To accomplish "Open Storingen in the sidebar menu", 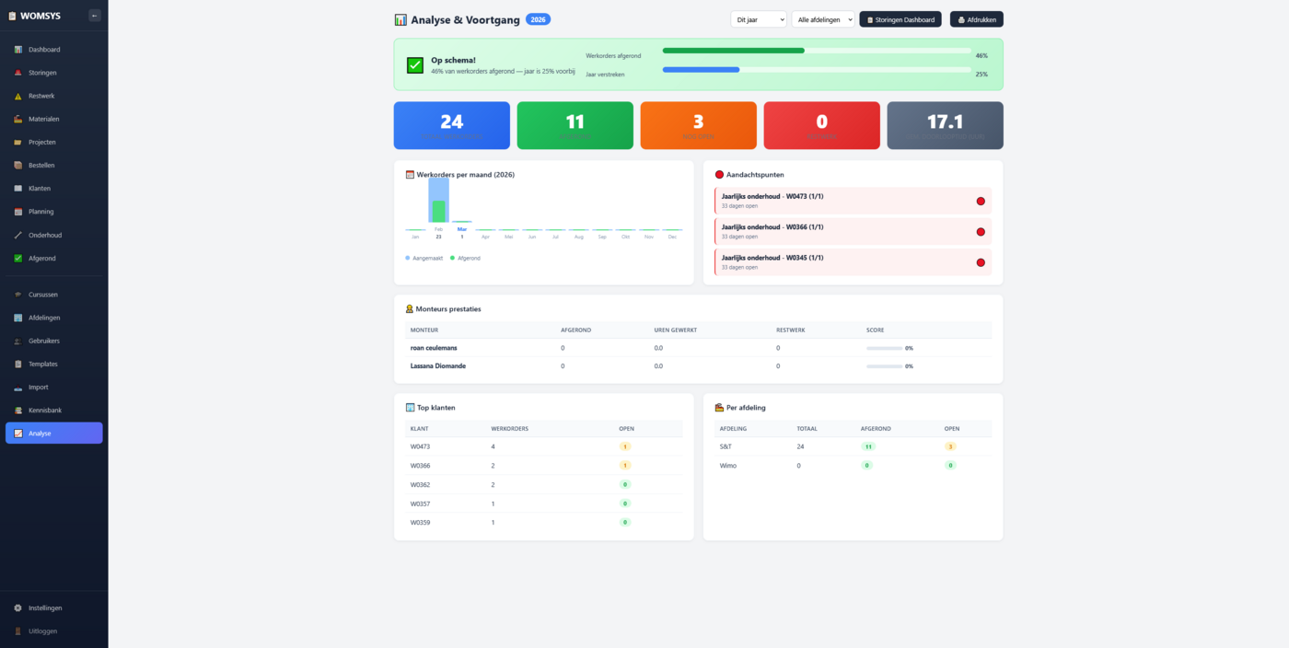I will (x=42, y=73).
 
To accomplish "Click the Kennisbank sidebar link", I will (x=45, y=411).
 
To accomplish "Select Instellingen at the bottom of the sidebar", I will (x=45, y=608).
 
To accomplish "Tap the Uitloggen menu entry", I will (x=42, y=631).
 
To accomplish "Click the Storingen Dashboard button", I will (x=900, y=19).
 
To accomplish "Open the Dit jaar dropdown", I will (x=758, y=19).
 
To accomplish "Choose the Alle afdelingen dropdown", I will (x=822, y=19).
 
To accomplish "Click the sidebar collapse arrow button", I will (x=95, y=16).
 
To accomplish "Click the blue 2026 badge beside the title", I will (x=538, y=19).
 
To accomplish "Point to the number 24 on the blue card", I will (x=451, y=121).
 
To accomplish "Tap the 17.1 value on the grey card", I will (x=945, y=121).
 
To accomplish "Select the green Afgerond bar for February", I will (x=439, y=212).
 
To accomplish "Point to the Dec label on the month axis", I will (x=672, y=237).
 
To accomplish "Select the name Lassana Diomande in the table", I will (x=438, y=366).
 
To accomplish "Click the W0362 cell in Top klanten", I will (x=420, y=484).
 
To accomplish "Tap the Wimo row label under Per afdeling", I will (x=728, y=466).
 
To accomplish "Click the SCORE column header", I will (x=876, y=330).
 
